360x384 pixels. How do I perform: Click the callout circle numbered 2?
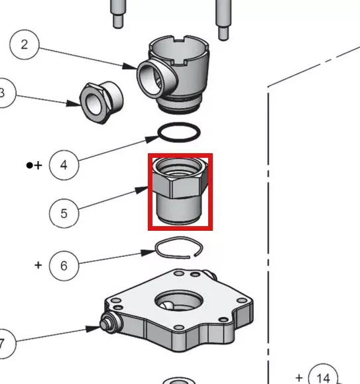25,44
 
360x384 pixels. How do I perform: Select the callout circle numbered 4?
64,165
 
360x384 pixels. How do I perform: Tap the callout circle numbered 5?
64,214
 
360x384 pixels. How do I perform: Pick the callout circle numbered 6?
64,266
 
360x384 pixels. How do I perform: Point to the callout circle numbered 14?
323,377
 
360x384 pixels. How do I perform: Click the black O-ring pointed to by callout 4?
179,123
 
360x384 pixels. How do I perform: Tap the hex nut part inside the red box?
180,190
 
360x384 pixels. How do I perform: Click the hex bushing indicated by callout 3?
101,103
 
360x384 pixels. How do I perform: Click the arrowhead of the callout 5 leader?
141,190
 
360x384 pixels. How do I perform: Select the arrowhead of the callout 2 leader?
130,66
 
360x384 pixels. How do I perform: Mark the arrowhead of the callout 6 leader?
149,253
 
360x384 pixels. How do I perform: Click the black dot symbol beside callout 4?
29,166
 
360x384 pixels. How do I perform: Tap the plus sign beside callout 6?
38,265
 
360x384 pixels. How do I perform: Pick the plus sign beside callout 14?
299,378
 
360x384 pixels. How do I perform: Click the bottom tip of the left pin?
118,27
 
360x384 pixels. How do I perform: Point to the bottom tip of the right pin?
223,39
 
